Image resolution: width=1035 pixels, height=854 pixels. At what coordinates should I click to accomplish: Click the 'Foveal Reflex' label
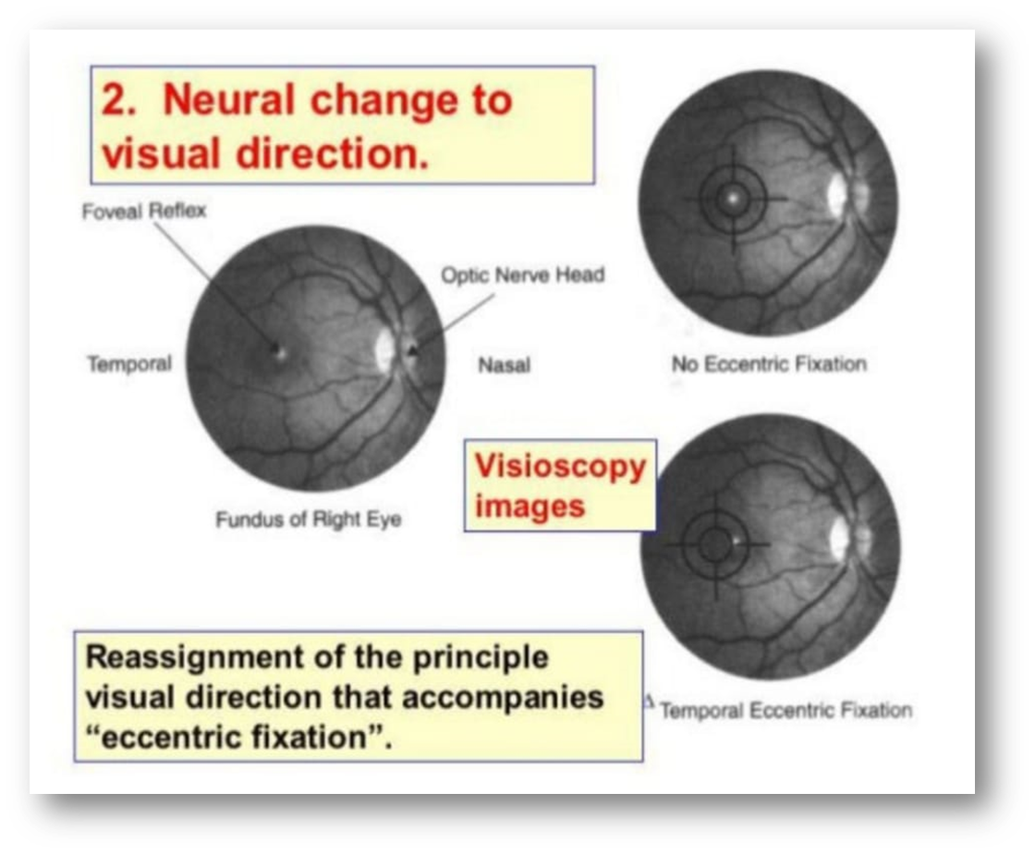coord(143,212)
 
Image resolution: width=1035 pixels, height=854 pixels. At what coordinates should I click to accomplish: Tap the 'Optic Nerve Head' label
coord(522,274)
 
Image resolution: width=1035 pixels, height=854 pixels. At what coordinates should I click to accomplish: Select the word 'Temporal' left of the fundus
coord(129,364)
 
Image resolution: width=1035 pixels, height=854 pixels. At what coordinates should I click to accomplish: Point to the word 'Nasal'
coord(504,366)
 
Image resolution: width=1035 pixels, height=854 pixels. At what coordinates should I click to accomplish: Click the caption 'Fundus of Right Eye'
coord(309,519)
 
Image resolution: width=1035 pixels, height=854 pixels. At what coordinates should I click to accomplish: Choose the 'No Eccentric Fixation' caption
coord(769,364)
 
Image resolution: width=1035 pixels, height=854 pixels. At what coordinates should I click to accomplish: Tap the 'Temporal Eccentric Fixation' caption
coord(785,710)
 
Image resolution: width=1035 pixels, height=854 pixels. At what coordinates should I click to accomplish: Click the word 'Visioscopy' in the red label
coord(560,467)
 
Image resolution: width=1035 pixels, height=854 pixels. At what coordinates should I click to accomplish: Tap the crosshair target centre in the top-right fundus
coord(734,198)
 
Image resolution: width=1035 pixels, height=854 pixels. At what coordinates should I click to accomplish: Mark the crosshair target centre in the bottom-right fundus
coord(714,543)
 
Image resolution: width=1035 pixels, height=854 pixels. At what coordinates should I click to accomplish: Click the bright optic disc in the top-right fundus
coord(836,193)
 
